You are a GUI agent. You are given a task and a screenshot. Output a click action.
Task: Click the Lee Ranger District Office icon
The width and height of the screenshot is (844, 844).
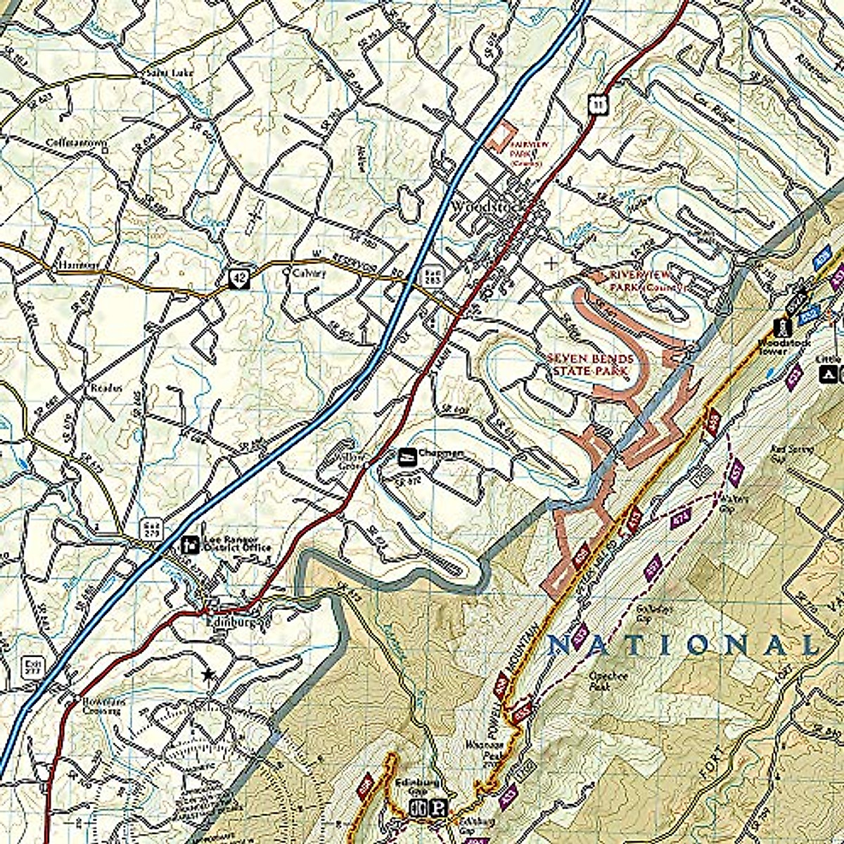pyautogui.click(x=189, y=544)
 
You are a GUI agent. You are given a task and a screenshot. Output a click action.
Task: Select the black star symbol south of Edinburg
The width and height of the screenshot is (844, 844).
pyautogui.click(x=207, y=674)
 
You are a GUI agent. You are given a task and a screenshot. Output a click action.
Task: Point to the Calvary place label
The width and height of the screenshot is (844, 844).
pyautogui.click(x=309, y=273)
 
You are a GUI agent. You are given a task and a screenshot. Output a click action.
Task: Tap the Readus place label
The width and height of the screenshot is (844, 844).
pyautogui.click(x=105, y=388)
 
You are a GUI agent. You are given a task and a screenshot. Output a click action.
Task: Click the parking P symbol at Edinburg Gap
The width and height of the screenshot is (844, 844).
pyautogui.click(x=440, y=809)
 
